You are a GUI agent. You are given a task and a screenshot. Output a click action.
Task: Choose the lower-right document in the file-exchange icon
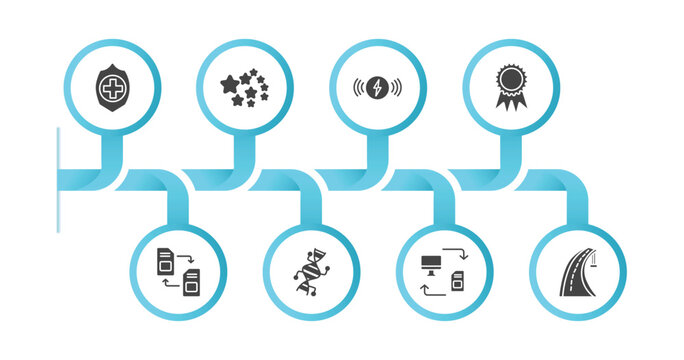(191, 280)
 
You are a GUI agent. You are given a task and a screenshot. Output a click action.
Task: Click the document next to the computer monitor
(459, 279)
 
